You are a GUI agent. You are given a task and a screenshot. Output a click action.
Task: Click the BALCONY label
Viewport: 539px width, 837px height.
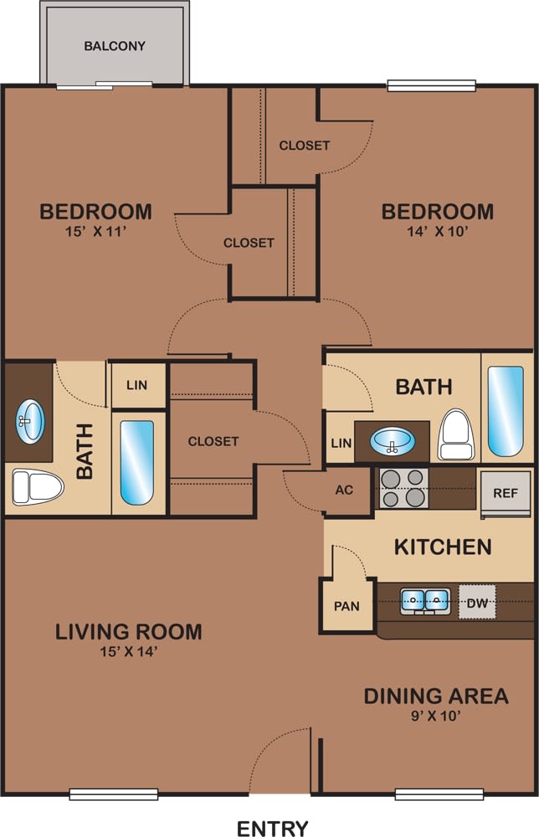coord(115,46)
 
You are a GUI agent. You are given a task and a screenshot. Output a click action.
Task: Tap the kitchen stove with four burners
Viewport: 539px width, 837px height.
coord(404,488)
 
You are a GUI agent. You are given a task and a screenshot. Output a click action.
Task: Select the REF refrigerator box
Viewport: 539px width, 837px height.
coord(506,493)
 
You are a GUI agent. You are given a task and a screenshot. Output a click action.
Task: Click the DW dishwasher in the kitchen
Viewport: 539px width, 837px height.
coord(477,601)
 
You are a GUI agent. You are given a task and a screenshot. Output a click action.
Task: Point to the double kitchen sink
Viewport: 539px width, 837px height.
coord(426,600)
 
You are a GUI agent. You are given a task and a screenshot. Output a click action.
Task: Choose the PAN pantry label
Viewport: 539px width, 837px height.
coord(346,605)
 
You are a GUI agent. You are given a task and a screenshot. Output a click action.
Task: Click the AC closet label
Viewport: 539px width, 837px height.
coord(344,490)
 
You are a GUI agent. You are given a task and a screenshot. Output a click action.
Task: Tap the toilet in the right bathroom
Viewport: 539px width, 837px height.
coord(457,433)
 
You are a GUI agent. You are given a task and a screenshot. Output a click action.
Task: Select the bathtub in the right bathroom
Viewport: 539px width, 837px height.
coord(506,410)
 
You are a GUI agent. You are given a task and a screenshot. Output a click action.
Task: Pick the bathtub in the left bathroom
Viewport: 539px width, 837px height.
coord(137,462)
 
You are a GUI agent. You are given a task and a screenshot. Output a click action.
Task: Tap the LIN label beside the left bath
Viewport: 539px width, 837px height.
coord(136,385)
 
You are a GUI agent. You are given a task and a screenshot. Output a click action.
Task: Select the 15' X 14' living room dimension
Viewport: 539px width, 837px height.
coord(129,651)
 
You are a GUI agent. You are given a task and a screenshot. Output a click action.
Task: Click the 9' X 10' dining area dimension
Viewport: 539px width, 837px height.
coord(435,716)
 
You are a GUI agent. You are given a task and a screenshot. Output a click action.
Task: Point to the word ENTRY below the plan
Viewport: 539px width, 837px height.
coord(273,829)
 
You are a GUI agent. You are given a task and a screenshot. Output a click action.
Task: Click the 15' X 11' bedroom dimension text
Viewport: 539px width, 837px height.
coord(96,233)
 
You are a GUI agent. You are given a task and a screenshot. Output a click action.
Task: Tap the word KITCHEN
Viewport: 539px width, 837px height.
coord(443,547)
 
